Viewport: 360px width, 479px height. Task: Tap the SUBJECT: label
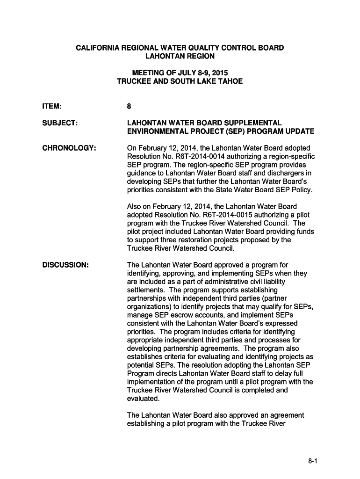point(60,123)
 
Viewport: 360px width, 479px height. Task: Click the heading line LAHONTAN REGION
point(180,56)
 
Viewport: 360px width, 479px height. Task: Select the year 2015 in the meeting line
point(220,73)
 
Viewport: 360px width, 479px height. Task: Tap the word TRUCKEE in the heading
point(134,81)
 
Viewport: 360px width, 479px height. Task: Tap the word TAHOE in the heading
point(230,81)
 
